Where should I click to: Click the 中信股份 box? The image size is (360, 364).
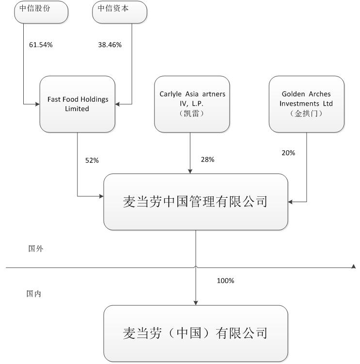tap(42, 12)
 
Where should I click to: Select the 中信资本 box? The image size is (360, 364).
tap(119, 12)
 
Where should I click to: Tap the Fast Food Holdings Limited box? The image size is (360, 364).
tap(78, 104)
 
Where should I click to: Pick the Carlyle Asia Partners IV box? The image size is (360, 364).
tap(192, 104)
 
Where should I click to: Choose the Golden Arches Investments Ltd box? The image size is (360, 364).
tap(306, 104)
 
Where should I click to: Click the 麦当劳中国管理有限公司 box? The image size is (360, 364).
tap(195, 202)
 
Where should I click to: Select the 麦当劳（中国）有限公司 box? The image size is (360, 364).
tap(195, 333)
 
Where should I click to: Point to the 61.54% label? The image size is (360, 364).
tap(41, 45)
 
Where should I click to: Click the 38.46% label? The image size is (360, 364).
tap(110, 45)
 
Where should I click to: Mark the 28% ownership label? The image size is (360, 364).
tap(207, 159)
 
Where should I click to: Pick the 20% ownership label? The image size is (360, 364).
tap(288, 153)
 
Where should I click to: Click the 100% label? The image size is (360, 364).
tap(225, 281)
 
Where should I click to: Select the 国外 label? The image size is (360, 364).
tap(36, 249)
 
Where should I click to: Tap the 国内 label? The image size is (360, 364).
tap(34, 294)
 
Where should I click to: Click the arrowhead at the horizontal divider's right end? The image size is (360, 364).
tap(354, 267)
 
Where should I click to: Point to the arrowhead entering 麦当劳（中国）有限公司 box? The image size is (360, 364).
tap(195, 302)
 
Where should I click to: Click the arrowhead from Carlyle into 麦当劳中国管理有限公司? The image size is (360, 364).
tap(190, 171)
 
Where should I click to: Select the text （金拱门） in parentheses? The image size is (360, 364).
tap(306, 114)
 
